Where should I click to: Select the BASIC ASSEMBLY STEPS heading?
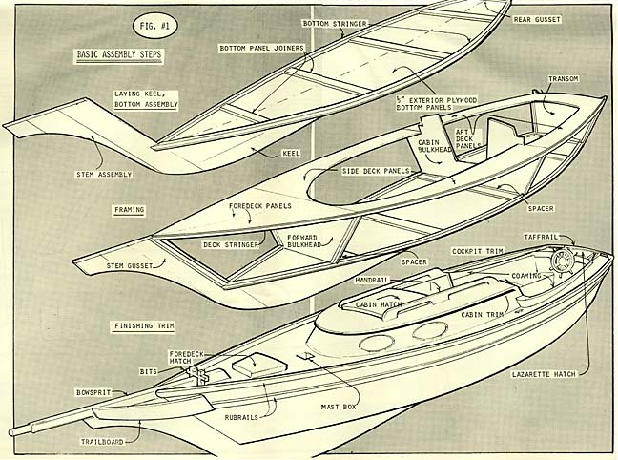tap(119, 55)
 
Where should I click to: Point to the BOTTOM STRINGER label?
tap(337, 23)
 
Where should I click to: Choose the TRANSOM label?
tap(564, 79)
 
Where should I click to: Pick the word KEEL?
tap(291, 153)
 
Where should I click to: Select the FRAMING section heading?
tap(128, 207)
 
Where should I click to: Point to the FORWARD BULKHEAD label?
tap(303, 240)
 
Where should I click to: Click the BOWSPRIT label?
tap(96, 392)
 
